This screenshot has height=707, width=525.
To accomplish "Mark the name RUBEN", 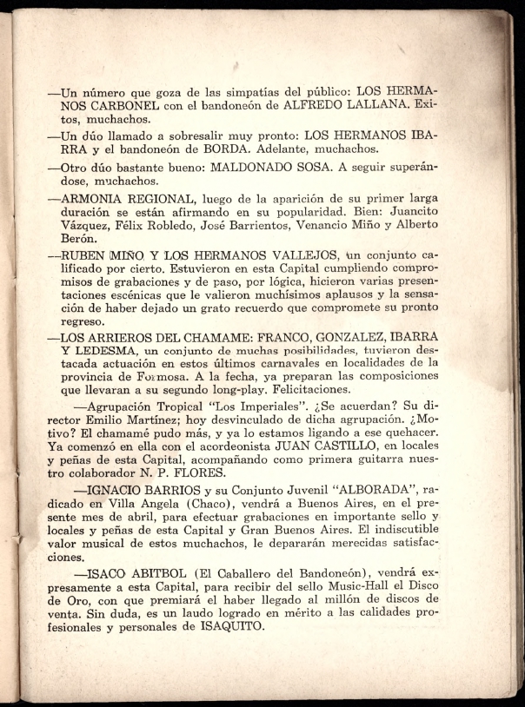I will tap(83, 257).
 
